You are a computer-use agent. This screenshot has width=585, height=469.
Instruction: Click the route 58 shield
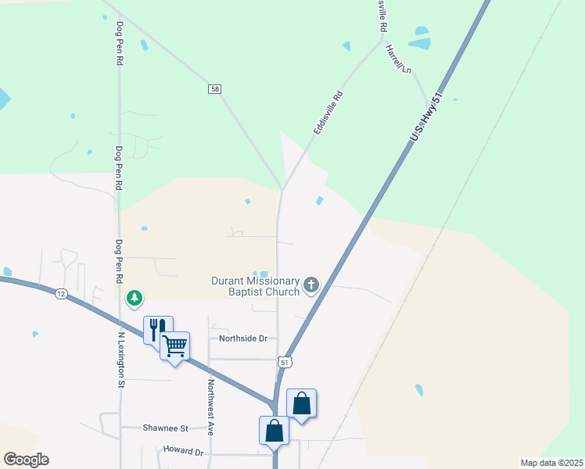[214, 89]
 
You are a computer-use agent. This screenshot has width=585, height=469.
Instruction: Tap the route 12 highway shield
[61, 294]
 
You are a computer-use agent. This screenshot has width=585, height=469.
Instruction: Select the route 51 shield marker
[285, 362]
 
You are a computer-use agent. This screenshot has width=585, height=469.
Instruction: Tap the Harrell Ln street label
[397, 59]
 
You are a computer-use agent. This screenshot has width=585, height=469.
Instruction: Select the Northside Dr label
[243, 338]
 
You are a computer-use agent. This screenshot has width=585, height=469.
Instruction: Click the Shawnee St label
[166, 428]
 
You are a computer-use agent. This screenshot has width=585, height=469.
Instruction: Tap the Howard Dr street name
[183, 452]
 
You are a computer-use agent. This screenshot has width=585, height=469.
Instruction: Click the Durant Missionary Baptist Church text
[256, 287]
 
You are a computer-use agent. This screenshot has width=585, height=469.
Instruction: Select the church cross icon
[311, 285]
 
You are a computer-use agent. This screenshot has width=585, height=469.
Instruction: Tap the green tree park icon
[135, 298]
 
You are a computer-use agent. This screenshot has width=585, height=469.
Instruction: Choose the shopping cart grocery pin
[174, 345]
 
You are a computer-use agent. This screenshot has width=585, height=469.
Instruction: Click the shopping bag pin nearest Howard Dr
[274, 430]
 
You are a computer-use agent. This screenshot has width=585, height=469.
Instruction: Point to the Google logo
[26, 460]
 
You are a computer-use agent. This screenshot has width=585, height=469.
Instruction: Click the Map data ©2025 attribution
[551, 463]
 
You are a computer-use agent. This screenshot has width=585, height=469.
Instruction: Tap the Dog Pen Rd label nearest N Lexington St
[120, 261]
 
